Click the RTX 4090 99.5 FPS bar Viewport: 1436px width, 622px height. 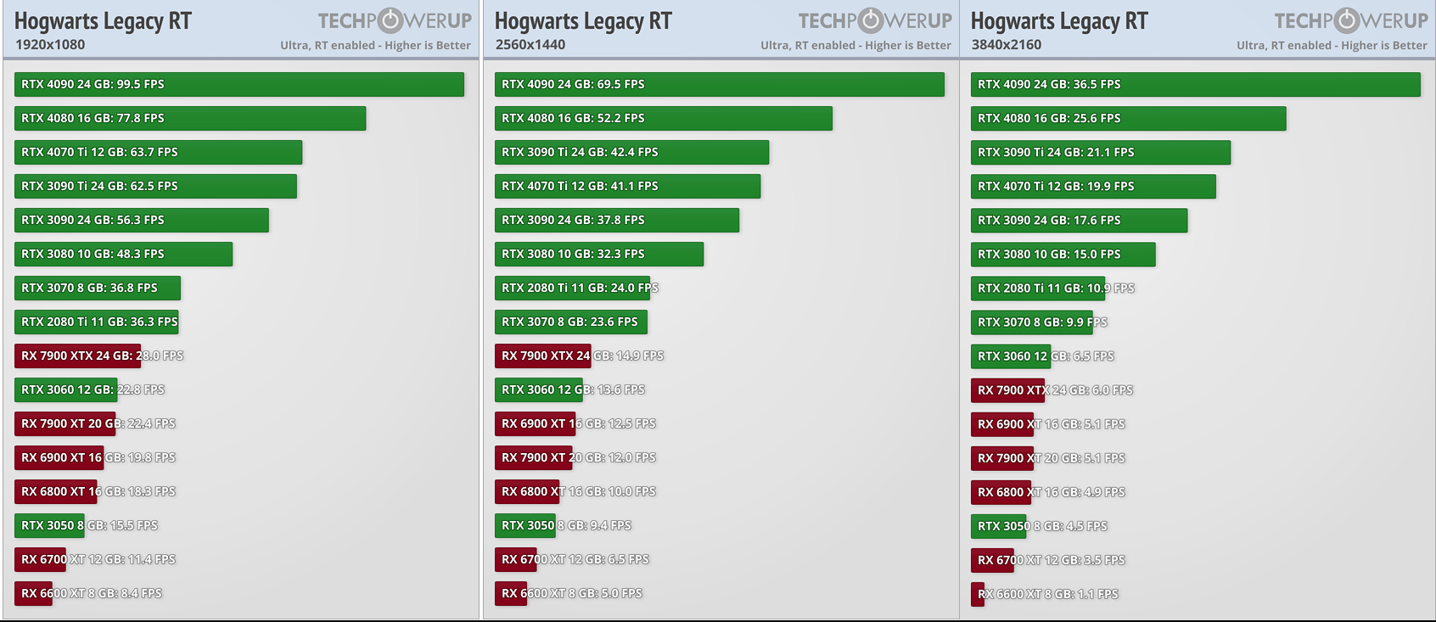point(238,84)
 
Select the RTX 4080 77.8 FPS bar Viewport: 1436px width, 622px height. point(190,118)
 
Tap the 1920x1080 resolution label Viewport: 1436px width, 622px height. point(50,45)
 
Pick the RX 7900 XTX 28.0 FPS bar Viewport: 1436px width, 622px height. point(77,356)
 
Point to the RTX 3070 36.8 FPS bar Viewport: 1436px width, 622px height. point(98,288)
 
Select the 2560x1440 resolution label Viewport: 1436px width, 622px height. point(530,45)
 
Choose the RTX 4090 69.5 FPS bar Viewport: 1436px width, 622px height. point(719,84)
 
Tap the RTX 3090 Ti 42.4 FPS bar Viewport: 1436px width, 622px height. point(631,152)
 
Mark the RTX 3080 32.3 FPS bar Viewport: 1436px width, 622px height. point(599,254)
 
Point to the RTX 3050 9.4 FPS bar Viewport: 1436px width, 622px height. point(525,525)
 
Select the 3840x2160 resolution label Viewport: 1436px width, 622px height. point(1007,45)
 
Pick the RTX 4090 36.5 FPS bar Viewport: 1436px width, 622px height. point(1195,84)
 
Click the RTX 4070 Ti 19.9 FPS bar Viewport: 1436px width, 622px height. point(1093,186)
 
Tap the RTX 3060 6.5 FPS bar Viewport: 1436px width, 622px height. point(1011,356)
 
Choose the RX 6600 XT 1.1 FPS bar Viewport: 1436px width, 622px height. point(978,594)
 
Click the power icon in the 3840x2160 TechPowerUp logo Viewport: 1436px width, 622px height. point(1348,20)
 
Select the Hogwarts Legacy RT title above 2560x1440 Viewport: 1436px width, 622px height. point(583,20)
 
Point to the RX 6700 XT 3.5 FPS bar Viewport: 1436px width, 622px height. point(992,560)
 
